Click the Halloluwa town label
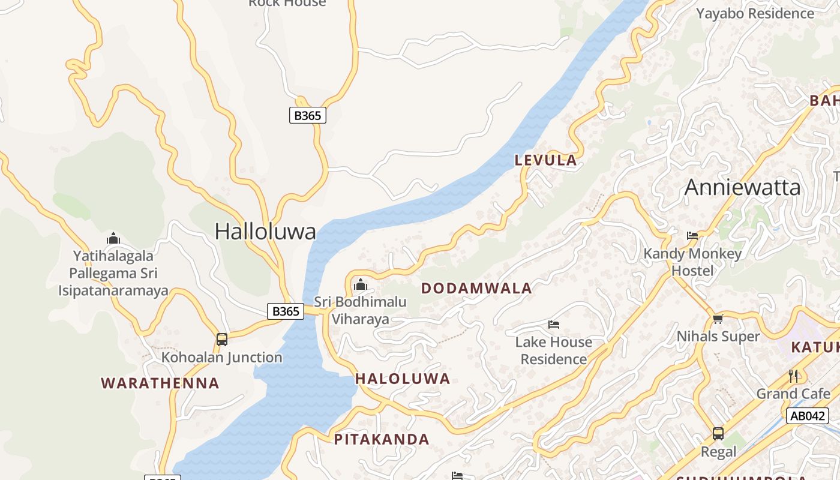265,232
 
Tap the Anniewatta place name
742,187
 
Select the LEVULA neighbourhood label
546,160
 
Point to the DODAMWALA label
476,288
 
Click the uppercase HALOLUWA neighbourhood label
403,379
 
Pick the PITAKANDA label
382,439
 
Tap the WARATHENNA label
160,383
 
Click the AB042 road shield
807,416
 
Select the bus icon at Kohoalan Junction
222,340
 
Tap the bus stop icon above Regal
718,433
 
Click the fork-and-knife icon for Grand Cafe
793,376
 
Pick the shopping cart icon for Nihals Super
718,319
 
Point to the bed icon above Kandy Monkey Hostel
692,236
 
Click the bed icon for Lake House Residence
554,325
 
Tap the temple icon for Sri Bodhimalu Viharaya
361,284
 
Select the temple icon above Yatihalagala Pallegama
113,239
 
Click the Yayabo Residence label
755,13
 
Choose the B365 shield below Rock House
308,115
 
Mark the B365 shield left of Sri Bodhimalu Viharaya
286,311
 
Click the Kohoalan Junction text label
222,358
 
